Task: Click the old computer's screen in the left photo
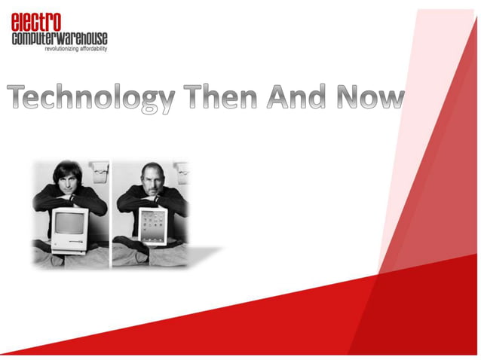pyautogui.click(x=69, y=222)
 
